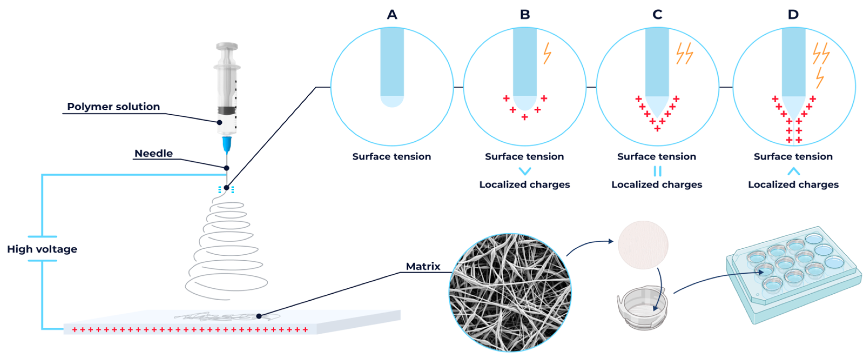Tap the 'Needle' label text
(153, 154)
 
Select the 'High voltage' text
(42, 249)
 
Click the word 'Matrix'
(423, 267)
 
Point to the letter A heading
(392, 15)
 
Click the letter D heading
(793, 15)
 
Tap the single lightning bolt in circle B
(547, 53)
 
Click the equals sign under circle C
(657, 171)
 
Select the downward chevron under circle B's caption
(525, 171)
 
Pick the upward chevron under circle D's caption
(793, 171)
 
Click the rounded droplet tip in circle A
(392, 102)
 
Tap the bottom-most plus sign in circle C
(657, 129)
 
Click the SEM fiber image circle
(510, 292)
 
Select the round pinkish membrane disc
(643, 245)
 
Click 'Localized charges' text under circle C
(657, 185)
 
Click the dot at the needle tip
(227, 188)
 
